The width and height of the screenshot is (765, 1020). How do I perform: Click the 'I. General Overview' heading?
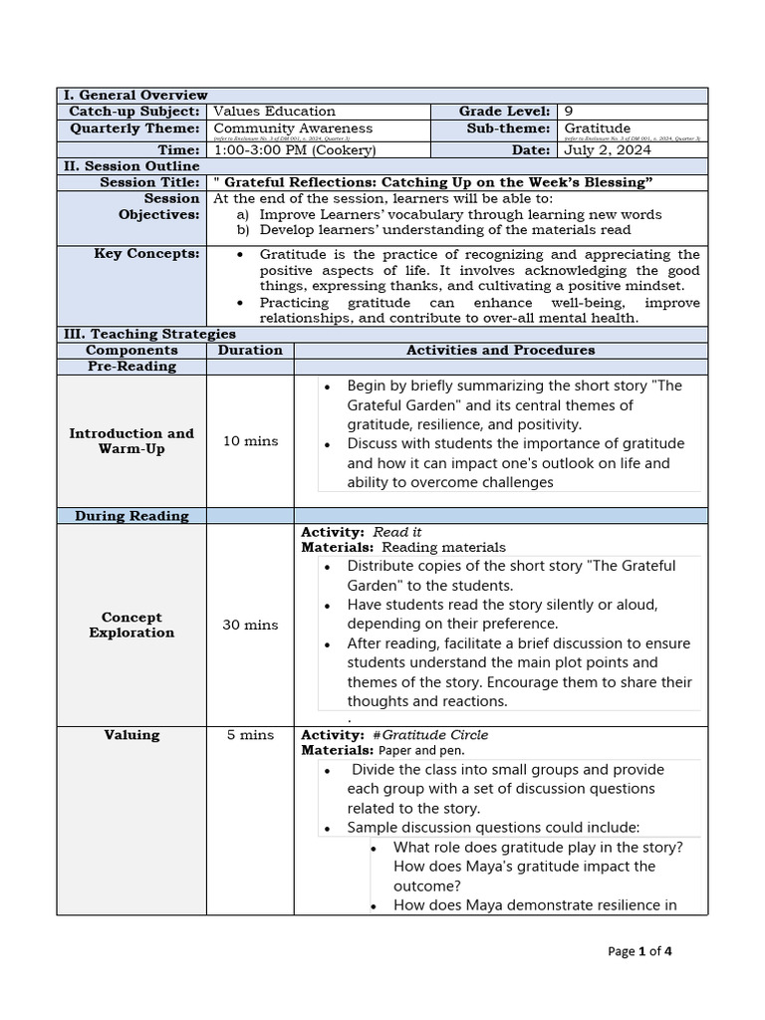[135, 95]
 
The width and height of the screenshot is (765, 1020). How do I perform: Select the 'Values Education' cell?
[275, 112]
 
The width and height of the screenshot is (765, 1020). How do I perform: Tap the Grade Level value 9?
[569, 112]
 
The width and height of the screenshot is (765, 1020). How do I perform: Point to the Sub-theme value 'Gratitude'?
[598, 128]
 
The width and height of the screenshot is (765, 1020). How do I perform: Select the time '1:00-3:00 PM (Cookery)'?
[295, 149]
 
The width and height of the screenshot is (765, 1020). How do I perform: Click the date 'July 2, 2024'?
[608, 149]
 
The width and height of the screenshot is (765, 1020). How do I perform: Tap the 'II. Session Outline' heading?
[131, 166]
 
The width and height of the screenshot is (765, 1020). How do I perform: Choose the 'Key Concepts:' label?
[146, 254]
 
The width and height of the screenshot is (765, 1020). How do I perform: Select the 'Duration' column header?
[250, 351]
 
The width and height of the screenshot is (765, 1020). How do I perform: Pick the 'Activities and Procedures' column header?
[500, 351]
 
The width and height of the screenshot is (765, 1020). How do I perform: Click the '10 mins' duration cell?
[250, 441]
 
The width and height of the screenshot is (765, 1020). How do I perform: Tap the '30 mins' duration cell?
[250, 625]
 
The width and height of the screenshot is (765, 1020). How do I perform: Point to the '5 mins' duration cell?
[250, 735]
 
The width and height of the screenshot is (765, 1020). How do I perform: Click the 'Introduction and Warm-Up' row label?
[131, 441]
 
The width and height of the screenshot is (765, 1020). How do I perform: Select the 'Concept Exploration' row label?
[131, 625]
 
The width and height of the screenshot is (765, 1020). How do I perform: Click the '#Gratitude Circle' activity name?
[430, 735]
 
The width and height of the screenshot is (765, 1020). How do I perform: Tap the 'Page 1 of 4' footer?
[639, 951]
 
